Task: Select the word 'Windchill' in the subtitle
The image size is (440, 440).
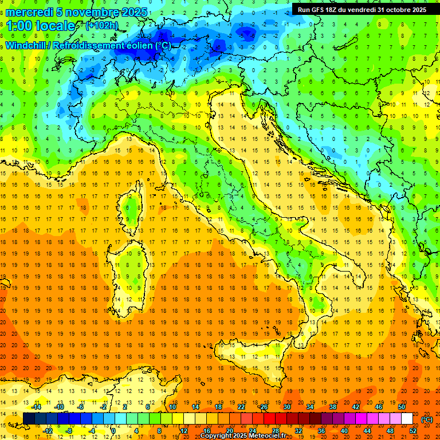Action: point(27,45)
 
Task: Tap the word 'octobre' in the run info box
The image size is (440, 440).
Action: point(395,10)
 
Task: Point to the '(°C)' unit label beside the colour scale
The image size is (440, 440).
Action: point(427,419)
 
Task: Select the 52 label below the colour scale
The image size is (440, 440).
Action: point(413,430)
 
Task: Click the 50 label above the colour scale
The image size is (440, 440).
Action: point(402,407)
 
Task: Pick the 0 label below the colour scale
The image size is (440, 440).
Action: point(113,430)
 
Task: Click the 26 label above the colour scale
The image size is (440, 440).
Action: point(264,407)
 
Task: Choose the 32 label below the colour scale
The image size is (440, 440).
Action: point(298,430)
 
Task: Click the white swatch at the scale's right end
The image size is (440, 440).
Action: point(407,419)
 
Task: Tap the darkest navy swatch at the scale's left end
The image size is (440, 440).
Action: point(29,419)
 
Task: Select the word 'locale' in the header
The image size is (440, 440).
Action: point(60,26)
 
